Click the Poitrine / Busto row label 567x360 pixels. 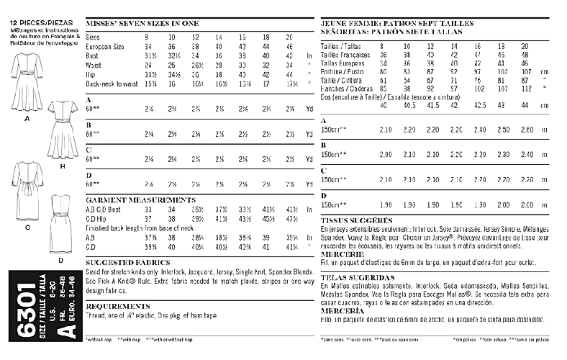343,72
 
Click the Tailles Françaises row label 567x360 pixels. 345,54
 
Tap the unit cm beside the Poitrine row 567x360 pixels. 545,72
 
